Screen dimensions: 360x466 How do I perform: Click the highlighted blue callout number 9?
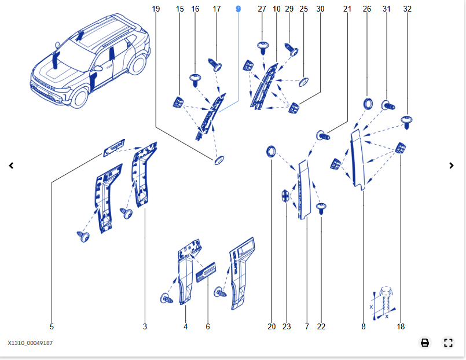[x=238, y=9]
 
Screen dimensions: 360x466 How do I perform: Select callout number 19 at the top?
[x=156, y=9]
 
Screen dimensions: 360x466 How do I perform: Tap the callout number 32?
[x=408, y=9]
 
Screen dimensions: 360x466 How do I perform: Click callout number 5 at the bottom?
[x=52, y=326]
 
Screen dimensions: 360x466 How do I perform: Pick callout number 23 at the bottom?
[x=287, y=326]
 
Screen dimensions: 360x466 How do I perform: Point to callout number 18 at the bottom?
[x=401, y=326]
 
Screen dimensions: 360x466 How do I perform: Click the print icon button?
[x=425, y=343]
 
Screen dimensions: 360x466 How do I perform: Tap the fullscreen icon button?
[x=447, y=343]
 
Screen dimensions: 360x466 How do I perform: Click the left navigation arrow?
[x=11, y=166]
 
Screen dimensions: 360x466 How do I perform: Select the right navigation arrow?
[x=452, y=166]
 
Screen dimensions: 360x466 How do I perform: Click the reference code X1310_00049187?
[x=30, y=343]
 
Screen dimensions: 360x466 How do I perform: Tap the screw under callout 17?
[x=217, y=64]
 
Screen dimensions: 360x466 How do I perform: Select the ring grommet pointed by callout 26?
[x=367, y=104]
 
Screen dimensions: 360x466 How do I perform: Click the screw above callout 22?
[x=322, y=207]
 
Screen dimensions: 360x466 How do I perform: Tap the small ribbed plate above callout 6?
[x=206, y=272]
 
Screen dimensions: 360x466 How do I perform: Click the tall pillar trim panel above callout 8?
[x=358, y=159]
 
